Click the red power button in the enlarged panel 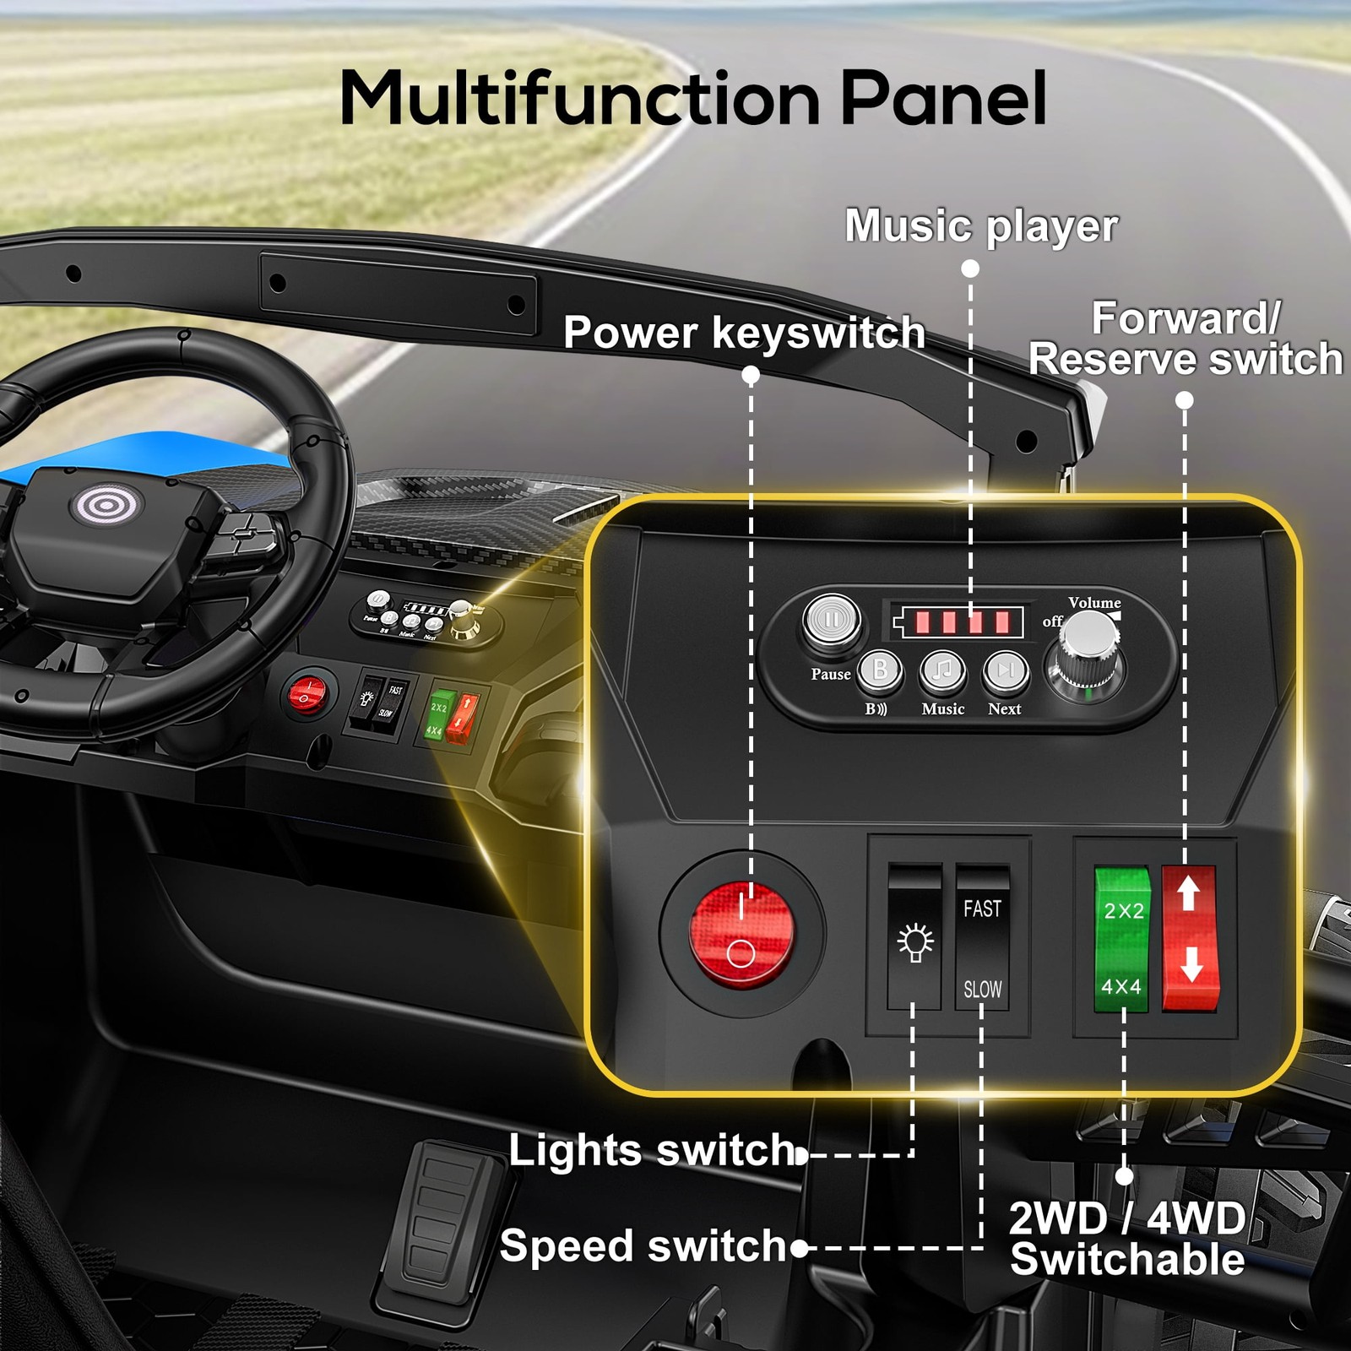pyautogui.click(x=742, y=934)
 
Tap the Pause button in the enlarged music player pyautogui.click(x=832, y=621)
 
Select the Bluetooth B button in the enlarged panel pyautogui.click(x=880, y=671)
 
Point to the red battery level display pyautogui.click(x=958, y=623)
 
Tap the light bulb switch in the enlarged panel pyautogui.click(x=914, y=937)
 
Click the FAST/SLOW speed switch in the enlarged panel pyautogui.click(x=982, y=937)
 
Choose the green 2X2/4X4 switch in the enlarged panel pyautogui.click(x=1121, y=939)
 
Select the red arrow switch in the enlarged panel pyautogui.click(x=1190, y=939)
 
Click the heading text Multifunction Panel pyautogui.click(x=693, y=97)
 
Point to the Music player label pyautogui.click(x=981, y=225)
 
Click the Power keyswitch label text pyautogui.click(x=744, y=332)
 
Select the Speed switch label pyautogui.click(x=643, y=1246)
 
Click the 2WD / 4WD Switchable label pyautogui.click(x=1128, y=1239)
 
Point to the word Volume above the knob pyautogui.click(x=1094, y=603)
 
